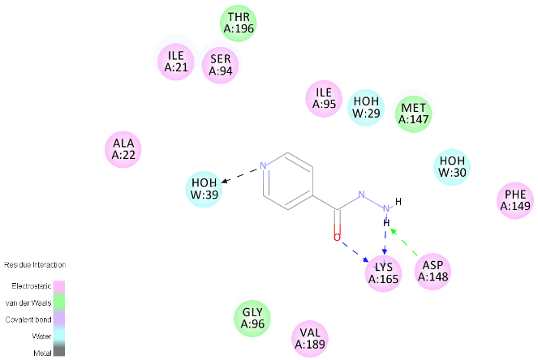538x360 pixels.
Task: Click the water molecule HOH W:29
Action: click(364, 108)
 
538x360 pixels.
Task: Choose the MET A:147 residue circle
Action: click(414, 114)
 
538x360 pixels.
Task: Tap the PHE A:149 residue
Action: click(515, 200)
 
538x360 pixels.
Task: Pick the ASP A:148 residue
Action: click(433, 271)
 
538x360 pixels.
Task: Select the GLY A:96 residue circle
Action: click(252, 319)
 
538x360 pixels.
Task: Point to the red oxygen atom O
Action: click(337, 238)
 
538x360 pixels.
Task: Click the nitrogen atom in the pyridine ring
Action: click(263, 168)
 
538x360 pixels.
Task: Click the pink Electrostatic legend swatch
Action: click(59, 285)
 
